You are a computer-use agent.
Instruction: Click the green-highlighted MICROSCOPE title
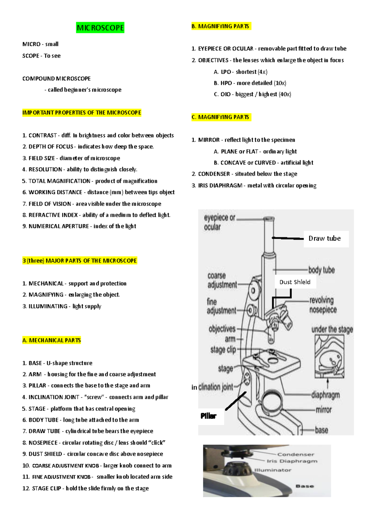tap(100, 28)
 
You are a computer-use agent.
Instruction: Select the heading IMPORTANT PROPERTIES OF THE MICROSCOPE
tap(82, 113)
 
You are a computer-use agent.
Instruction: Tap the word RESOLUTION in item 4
tap(45, 170)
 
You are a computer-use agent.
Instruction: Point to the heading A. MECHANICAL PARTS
tap(51, 340)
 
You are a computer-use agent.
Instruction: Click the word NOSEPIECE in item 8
tap(43, 443)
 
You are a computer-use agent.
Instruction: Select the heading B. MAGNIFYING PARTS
tap(220, 27)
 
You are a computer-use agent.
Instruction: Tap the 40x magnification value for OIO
tap(285, 94)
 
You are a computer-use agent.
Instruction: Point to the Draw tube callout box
tap(326, 239)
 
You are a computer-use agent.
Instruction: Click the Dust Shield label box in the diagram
tap(295, 282)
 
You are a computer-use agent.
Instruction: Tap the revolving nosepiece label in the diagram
tap(323, 305)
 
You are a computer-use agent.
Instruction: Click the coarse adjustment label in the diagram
tap(222, 280)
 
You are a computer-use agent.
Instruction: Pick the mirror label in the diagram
tap(323, 410)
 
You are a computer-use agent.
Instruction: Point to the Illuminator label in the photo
tap(273, 470)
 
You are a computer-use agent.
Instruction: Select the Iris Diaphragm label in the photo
tap(292, 461)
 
